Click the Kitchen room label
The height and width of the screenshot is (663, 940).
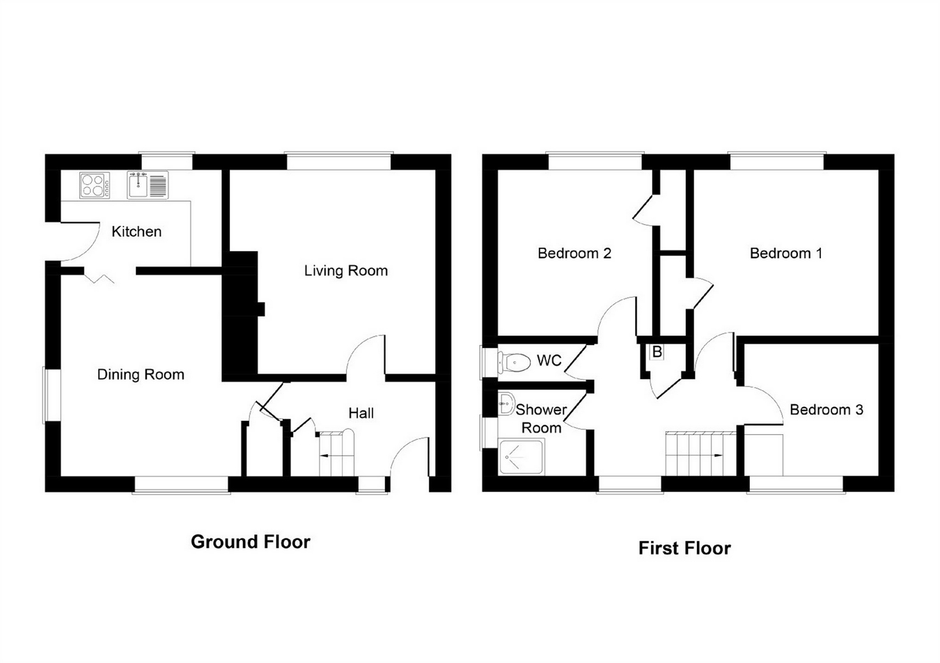click(136, 232)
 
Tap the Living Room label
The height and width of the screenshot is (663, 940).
click(345, 271)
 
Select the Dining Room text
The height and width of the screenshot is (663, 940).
click(141, 374)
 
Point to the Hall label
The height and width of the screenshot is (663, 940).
click(361, 413)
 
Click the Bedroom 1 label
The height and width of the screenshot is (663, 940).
click(785, 253)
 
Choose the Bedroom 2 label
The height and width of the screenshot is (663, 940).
click(574, 253)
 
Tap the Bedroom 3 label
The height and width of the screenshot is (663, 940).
click(826, 410)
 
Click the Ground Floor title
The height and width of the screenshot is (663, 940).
click(250, 542)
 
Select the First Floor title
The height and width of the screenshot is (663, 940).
click(684, 548)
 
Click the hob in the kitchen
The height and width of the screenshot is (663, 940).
click(95, 186)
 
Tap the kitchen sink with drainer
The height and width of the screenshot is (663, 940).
click(148, 186)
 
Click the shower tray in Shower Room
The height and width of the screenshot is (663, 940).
click(521, 456)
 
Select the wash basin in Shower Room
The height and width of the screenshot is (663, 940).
click(506, 403)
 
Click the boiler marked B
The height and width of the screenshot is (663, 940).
click(657, 352)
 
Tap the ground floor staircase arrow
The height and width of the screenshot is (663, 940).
click(326, 456)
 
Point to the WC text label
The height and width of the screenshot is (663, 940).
click(549, 361)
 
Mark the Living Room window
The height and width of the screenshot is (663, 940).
click(339, 161)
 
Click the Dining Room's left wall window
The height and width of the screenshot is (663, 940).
click(52, 395)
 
